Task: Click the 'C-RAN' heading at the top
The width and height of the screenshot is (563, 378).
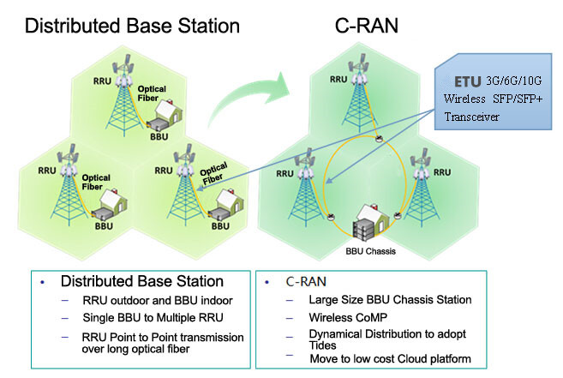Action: pos(360,25)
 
